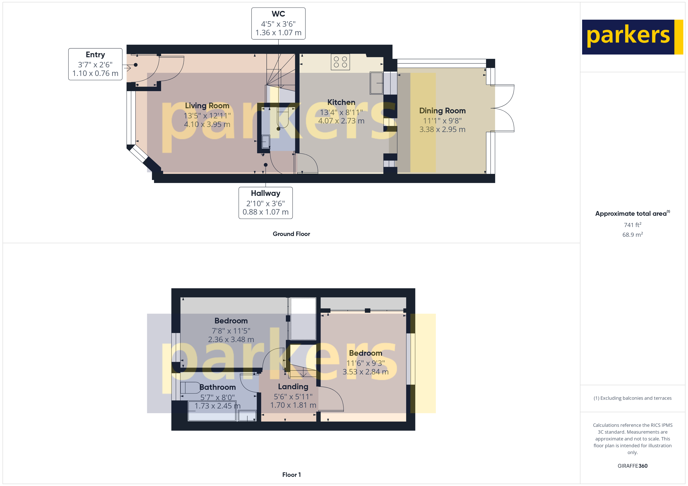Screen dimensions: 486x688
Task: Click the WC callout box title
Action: click(278, 14)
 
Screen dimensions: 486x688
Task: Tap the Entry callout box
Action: click(95, 64)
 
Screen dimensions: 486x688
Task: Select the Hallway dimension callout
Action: click(265, 203)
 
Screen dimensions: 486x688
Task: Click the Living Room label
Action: click(207, 106)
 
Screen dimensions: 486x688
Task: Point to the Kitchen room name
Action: click(341, 102)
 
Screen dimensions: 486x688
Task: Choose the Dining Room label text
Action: click(442, 111)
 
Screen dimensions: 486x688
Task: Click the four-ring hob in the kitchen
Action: click(340, 62)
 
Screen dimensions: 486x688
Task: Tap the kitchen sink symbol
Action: click(377, 83)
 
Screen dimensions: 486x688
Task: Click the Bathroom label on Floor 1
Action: click(218, 387)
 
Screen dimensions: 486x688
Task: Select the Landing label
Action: click(293, 387)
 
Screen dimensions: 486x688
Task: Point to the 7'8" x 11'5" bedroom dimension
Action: click(231, 331)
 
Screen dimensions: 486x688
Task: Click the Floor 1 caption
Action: click(291, 475)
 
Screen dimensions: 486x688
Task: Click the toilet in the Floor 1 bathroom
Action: click(191, 388)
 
